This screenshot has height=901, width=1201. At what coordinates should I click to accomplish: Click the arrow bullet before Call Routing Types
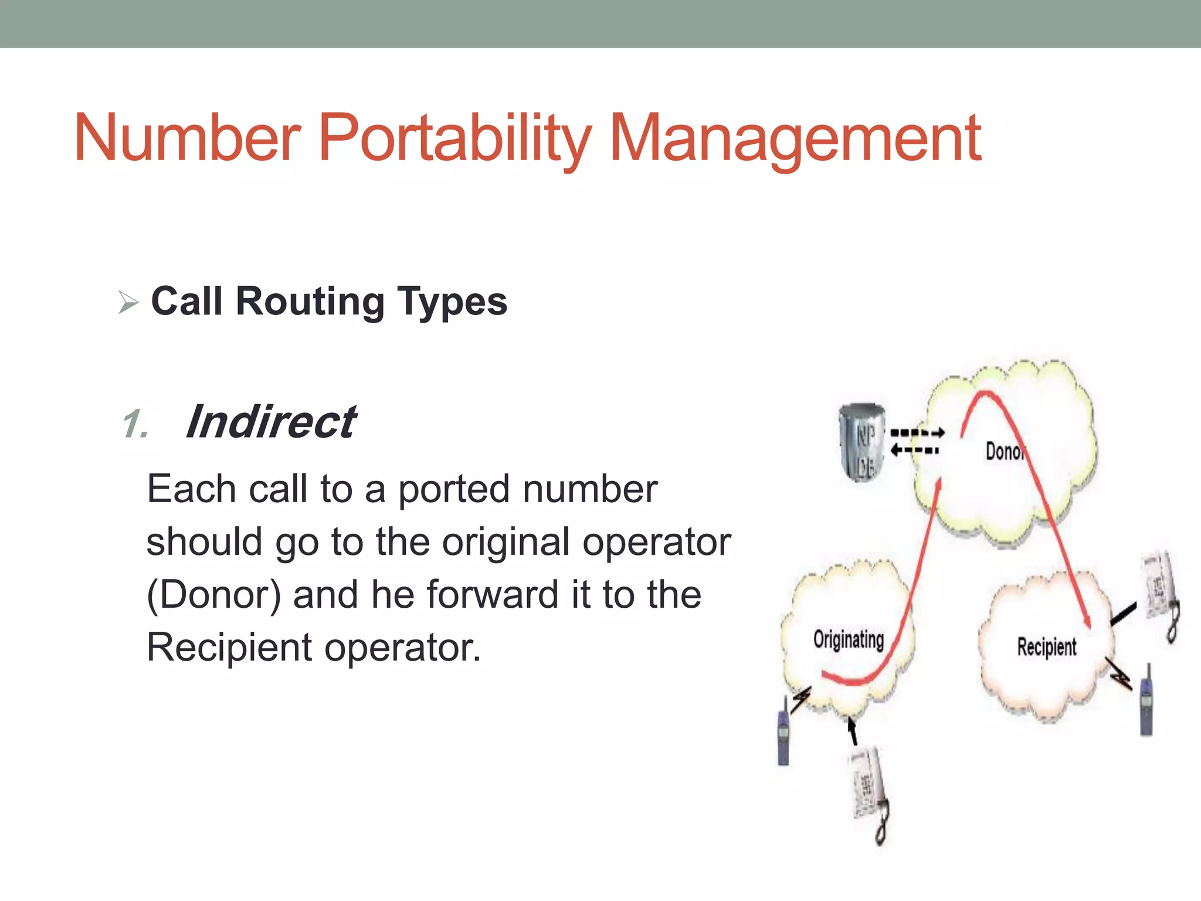coord(128,303)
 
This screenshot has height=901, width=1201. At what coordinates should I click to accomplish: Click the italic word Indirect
coord(270,422)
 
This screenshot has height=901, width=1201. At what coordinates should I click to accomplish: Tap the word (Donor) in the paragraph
coord(214,595)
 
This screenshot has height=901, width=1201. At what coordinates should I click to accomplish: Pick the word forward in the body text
coord(492,595)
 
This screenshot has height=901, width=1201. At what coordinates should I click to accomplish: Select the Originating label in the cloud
coord(848,639)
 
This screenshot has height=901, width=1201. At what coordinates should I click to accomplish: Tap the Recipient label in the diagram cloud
coord(1047,647)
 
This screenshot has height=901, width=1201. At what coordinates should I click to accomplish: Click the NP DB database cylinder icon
coord(862,441)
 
